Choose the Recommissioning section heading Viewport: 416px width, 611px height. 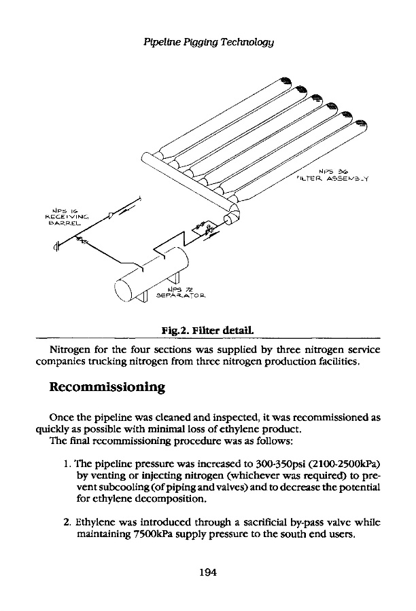click(108, 388)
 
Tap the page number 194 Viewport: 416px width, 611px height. click(207, 572)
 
